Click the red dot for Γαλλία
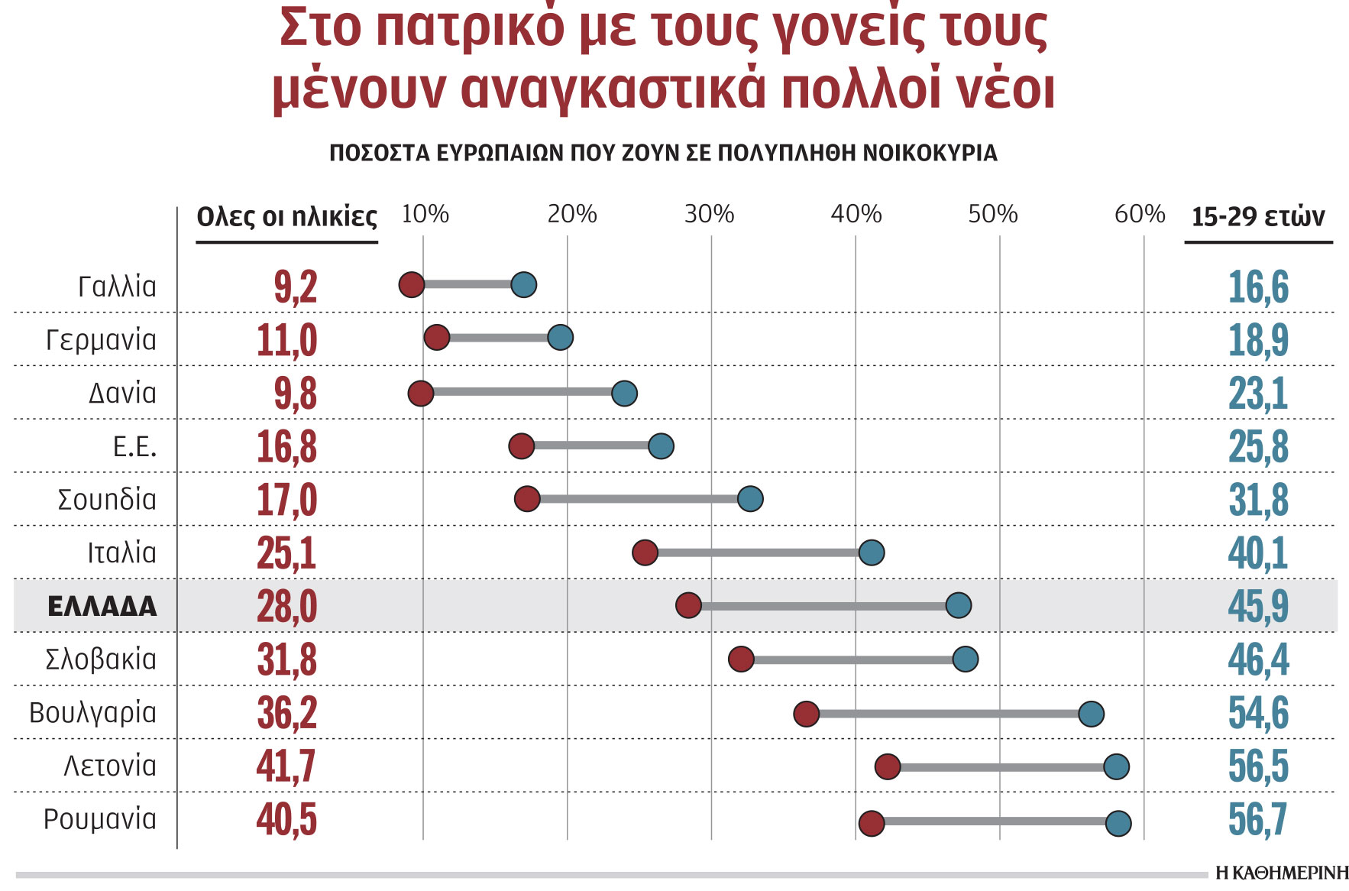[x=412, y=284]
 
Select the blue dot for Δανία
[x=624, y=394]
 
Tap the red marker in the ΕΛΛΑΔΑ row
[x=688, y=605]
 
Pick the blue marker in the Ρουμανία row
[x=1118, y=823]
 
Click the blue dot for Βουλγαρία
[x=1091, y=714]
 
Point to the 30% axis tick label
[x=709, y=214]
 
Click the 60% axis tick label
[x=1139, y=214]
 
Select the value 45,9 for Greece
[x=1258, y=606]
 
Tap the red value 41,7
[x=286, y=766]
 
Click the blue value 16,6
[x=1258, y=287]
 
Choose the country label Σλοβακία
[x=101, y=659]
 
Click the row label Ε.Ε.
[x=134, y=446]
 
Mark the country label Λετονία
[x=110, y=765]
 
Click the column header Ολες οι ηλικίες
[x=287, y=217]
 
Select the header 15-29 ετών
[x=1258, y=217]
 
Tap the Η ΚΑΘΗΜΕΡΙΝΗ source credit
[x=1282, y=873]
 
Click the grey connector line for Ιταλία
[x=758, y=552]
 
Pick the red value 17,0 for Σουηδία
[x=286, y=500]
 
